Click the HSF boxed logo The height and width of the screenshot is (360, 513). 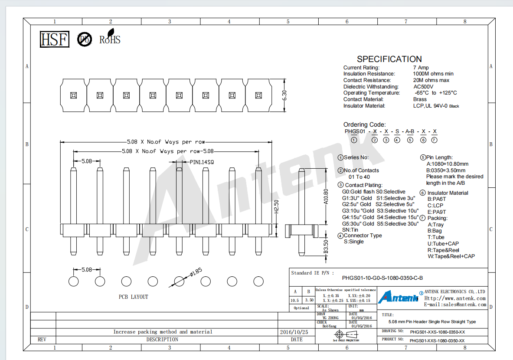tap(54, 39)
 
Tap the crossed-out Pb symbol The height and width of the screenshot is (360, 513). tap(85, 39)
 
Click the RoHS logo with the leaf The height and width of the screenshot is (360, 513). tap(110, 37)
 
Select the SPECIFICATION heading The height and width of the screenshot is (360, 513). tap(389, 59)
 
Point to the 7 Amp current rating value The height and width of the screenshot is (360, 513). tap(421, 67)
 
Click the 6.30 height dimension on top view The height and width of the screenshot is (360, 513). tap(284, 95)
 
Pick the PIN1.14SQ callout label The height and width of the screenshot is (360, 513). tap(202, 162)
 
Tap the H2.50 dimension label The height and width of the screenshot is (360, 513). tap(277, 207)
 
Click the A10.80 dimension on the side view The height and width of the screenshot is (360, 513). tap(326, 196)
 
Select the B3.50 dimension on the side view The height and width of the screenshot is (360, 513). tap(326, 247)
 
